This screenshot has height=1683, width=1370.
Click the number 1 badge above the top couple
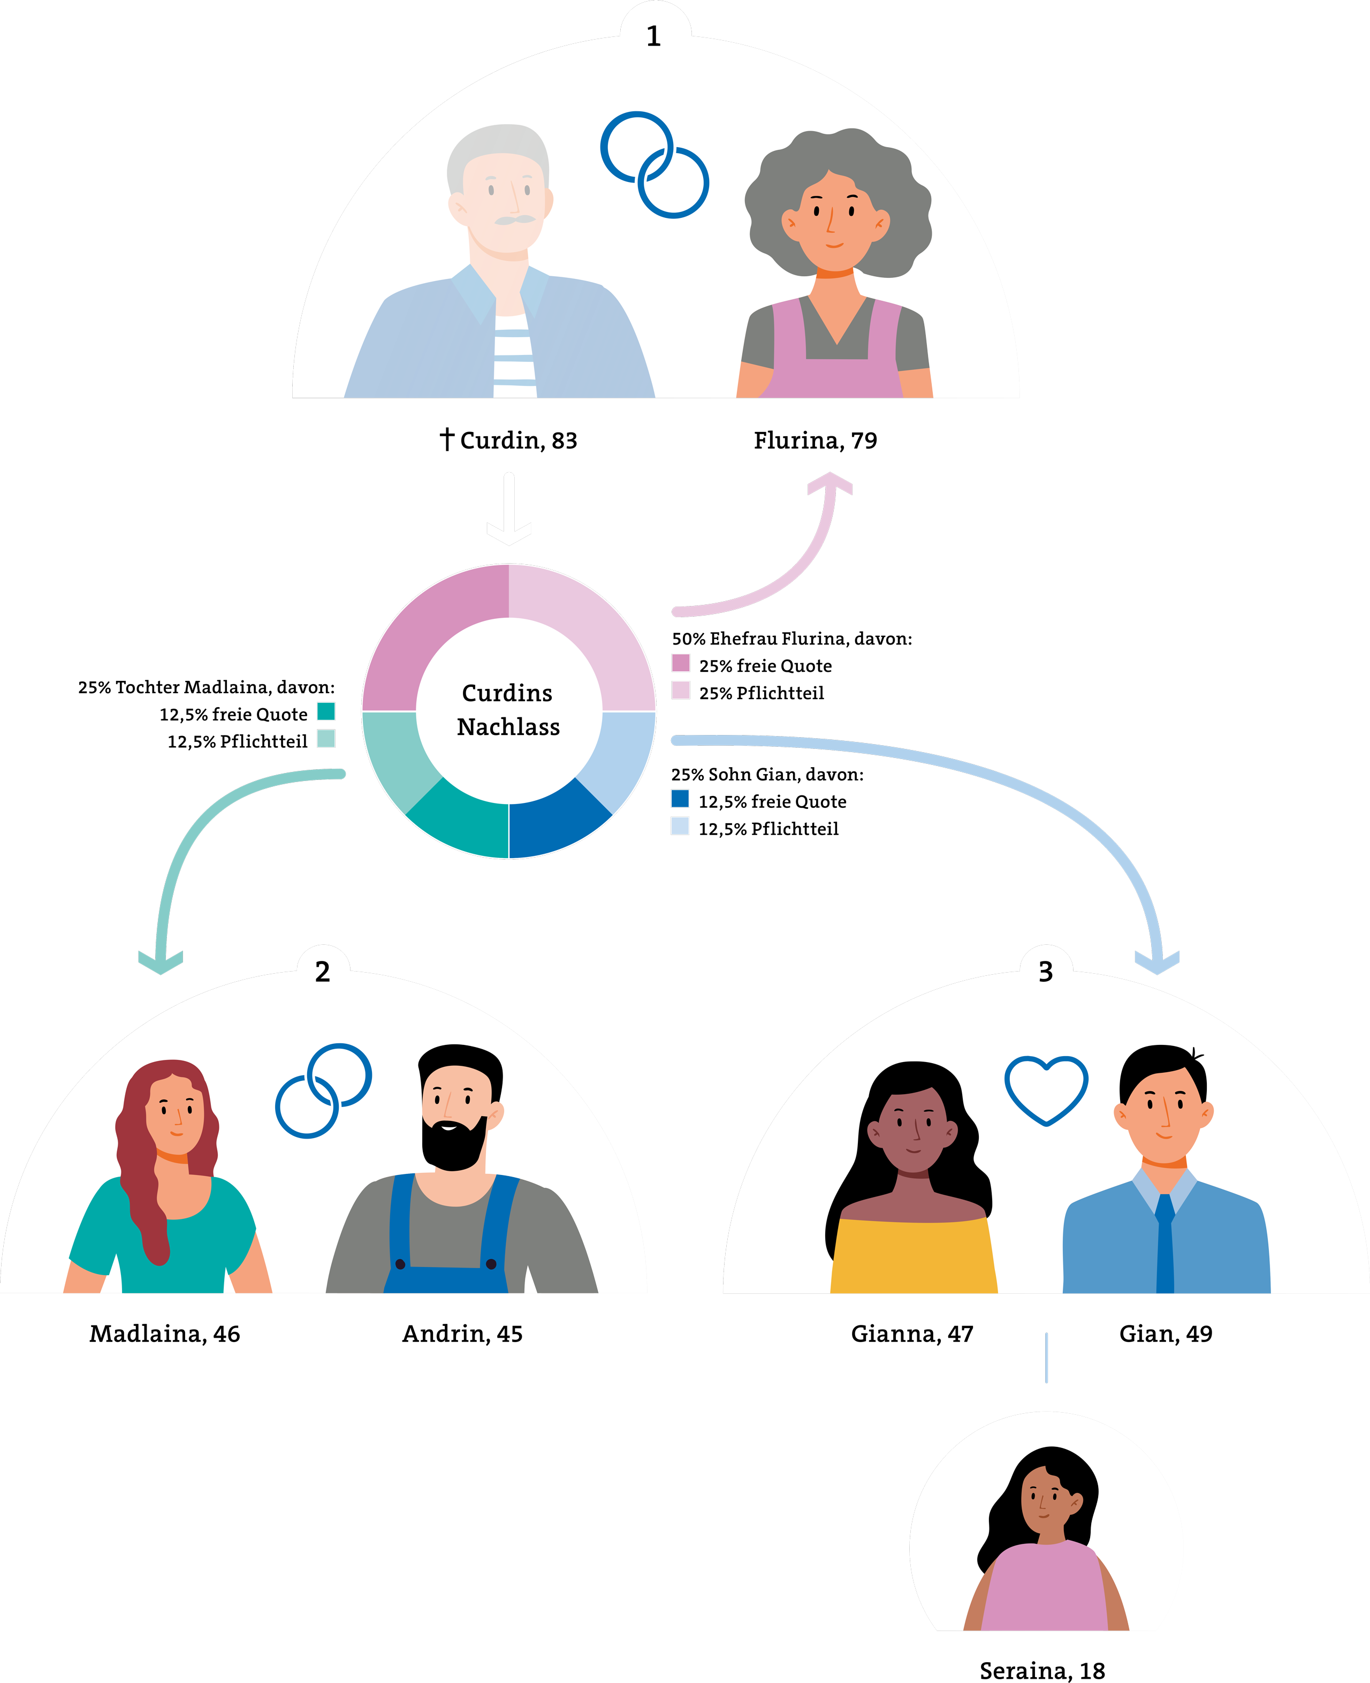coord(653,35)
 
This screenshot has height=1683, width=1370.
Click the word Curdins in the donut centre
coord(507,693)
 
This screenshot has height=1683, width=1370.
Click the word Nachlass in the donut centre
coord(508,727)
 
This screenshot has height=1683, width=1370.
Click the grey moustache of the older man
coord(514,219)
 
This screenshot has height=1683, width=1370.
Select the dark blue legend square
coord(680,798)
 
